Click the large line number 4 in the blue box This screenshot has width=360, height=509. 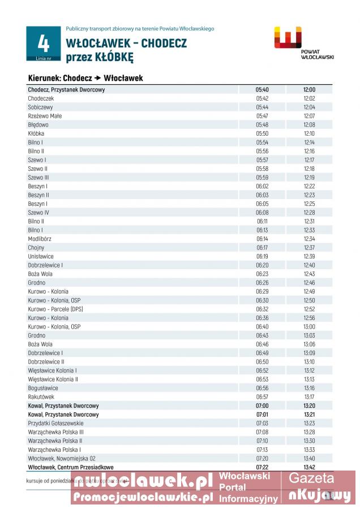point(44,43)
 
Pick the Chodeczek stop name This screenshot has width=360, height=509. point(41,98)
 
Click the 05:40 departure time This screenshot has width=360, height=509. point(262,89)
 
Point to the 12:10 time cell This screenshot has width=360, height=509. point(309,133)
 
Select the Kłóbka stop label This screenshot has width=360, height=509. point(36,133)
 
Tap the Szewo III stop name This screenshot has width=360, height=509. point(38,178)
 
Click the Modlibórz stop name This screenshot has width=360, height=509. point(40,239)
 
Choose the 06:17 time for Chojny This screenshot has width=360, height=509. point(262,248)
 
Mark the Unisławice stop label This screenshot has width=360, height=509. point(41,256)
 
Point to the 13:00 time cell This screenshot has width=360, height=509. point(309,326)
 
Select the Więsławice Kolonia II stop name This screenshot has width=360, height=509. point(53,379)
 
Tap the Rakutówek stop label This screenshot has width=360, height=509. point(41,397)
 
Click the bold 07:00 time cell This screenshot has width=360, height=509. point(262,406)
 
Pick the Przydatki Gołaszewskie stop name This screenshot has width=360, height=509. point(55,423)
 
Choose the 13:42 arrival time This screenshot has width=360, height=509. point(309,467)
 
